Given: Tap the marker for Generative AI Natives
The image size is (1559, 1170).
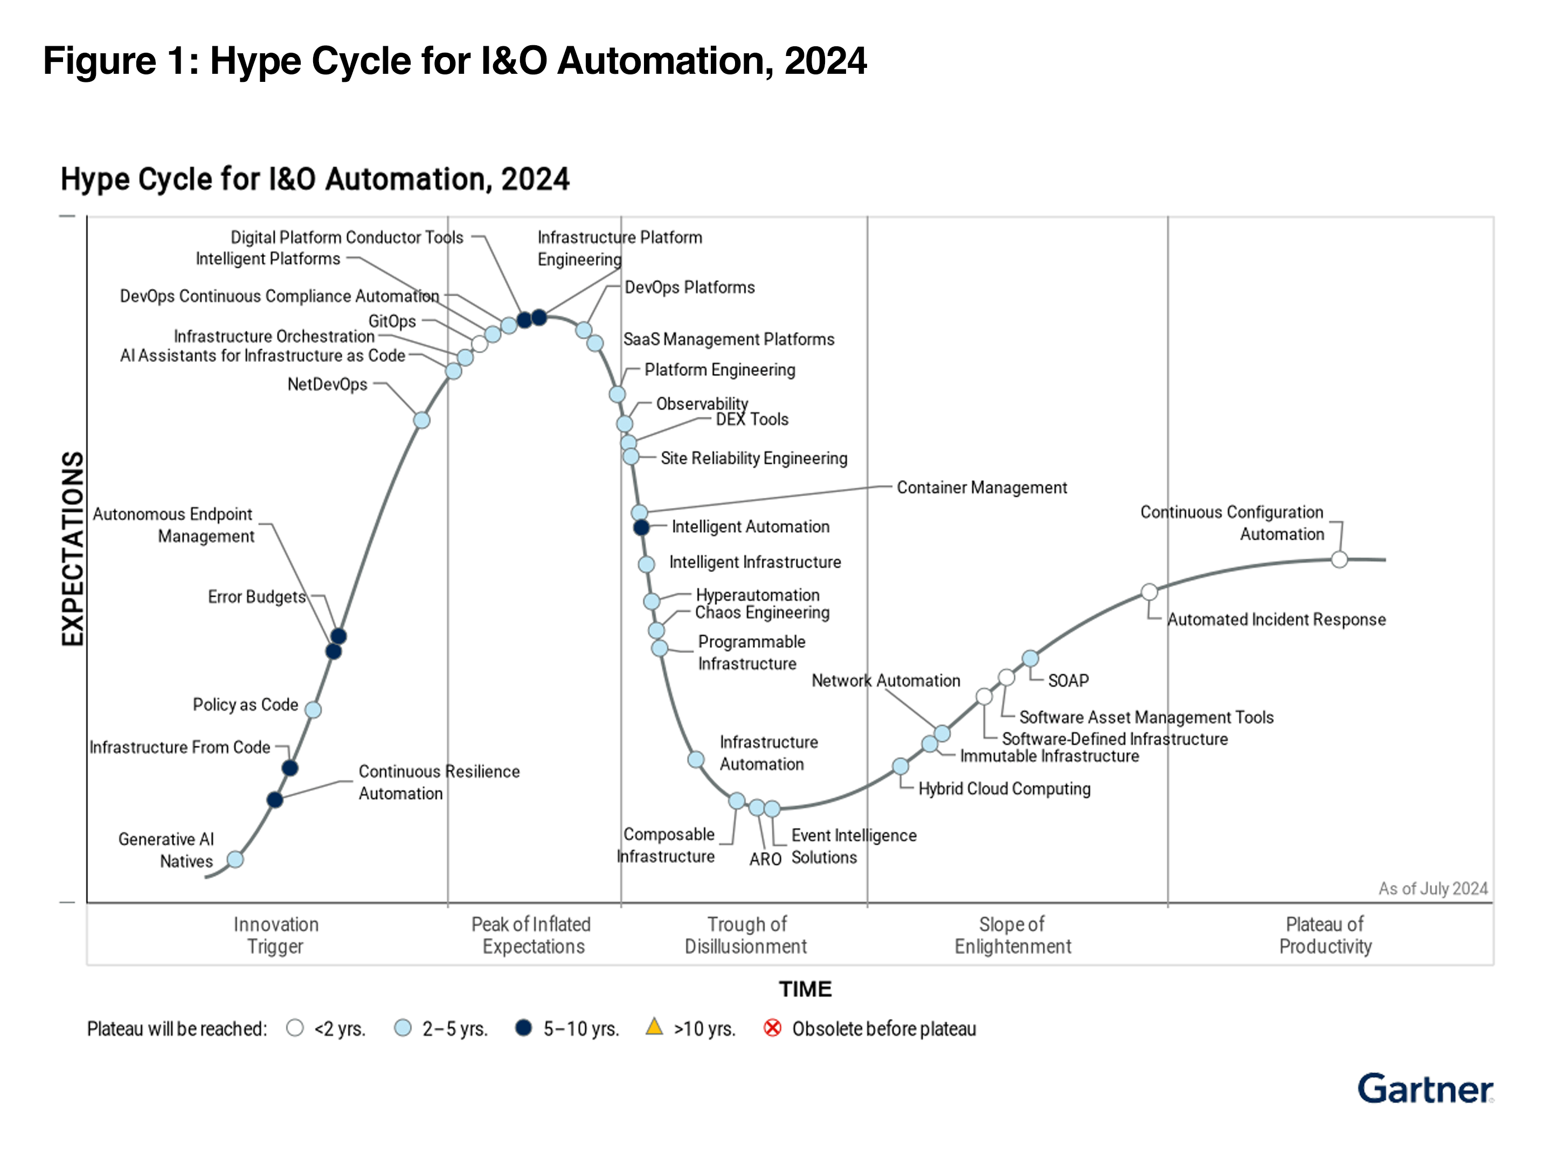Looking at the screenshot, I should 235,859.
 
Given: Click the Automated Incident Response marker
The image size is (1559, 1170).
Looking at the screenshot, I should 1149,591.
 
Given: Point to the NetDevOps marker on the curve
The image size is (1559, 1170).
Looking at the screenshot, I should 421,420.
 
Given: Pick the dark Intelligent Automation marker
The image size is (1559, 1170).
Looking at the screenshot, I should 641,527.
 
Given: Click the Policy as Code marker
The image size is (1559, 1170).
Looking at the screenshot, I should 314,709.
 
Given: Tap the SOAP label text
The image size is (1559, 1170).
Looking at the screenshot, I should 1068,680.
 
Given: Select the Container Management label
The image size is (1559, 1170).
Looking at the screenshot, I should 981,487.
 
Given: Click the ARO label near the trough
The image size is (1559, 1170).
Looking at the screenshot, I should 765,859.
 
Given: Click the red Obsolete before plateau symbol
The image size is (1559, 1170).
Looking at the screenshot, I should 772,1028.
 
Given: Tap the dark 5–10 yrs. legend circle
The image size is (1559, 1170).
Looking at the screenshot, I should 523,1028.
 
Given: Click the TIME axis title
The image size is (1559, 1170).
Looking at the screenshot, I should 805,989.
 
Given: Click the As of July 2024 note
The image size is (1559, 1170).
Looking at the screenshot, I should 1432,888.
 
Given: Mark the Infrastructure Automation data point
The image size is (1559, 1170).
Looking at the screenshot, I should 696,760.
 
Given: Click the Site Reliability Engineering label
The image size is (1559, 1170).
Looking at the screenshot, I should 753,458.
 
